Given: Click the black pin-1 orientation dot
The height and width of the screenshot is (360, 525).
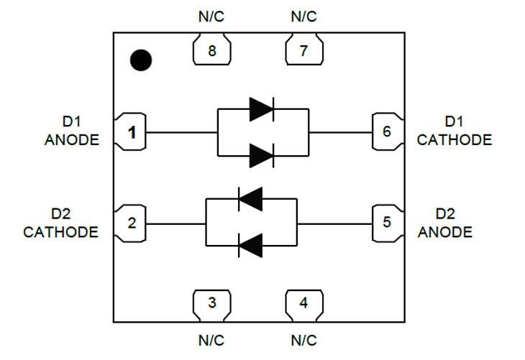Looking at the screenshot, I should [141, 61].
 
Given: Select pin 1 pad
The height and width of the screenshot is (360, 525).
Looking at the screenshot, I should [131, 132].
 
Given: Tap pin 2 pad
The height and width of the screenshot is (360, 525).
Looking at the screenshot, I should [131, 223].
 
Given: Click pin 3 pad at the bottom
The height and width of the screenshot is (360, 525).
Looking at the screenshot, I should [211, 303].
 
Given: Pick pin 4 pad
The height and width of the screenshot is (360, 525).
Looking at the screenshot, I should [303, 303].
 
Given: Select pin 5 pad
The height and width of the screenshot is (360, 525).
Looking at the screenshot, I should [387, 223].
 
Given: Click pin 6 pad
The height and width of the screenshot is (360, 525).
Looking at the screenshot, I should [387, 132].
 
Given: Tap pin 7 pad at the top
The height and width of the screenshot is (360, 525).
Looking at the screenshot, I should [303, 51].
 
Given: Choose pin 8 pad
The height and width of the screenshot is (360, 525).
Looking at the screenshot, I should [211, 51].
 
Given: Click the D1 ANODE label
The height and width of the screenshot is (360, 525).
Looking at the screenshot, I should [71, 131].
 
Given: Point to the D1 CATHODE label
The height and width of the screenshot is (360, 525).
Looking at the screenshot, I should [455, 131].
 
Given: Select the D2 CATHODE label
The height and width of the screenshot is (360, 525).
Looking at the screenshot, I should [60, 223].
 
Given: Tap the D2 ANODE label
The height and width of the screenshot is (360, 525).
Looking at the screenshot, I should [445, 223].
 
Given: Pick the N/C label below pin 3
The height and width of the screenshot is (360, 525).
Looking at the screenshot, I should [211, 340].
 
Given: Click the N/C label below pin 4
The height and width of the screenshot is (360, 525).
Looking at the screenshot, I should [303, 340].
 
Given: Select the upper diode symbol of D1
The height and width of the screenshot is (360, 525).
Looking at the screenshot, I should [262, 109].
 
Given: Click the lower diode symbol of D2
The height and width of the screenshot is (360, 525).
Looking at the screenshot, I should [250, 246].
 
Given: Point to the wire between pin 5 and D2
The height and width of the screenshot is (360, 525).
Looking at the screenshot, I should [334, 223].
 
